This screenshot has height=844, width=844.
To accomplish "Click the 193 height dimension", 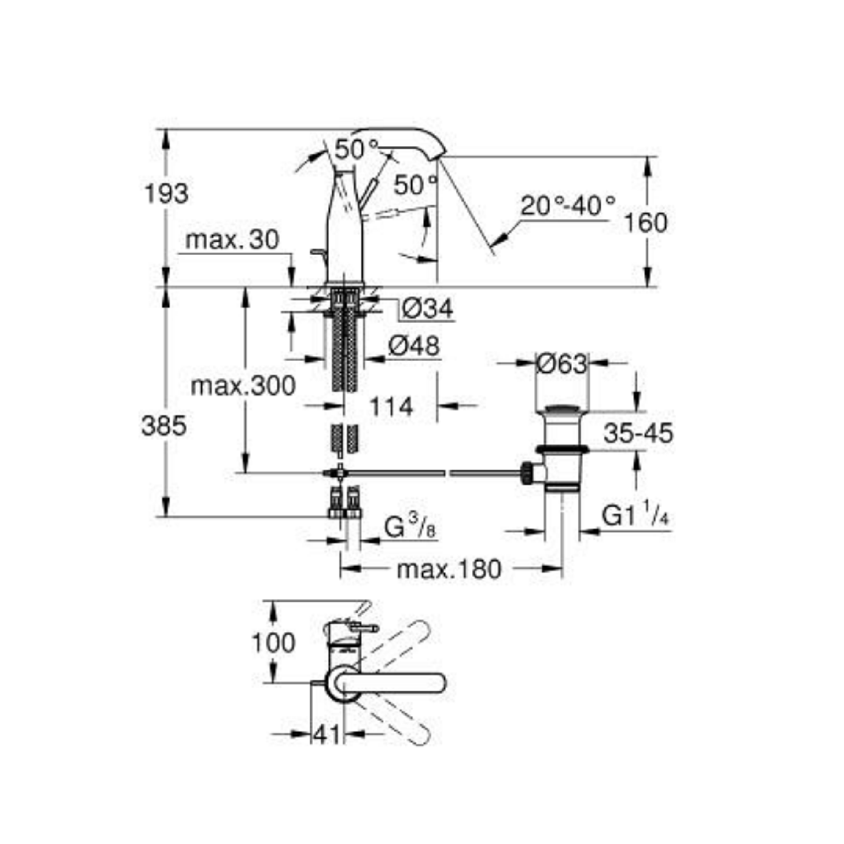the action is pyautogui.click(x=167, y=194).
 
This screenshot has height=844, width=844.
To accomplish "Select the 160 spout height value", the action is pyautogui.click(x=646, y=223).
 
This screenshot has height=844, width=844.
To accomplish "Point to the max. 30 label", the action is pyautogui.click(x=232, y=240).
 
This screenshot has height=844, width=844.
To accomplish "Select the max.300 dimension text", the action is pyautogui.click(x=243, y=386).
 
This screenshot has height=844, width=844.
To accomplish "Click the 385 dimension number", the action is pyautogui.click(x=164, y=426).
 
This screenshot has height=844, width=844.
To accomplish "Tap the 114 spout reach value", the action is pyautogui.click(x=391, y=407).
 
